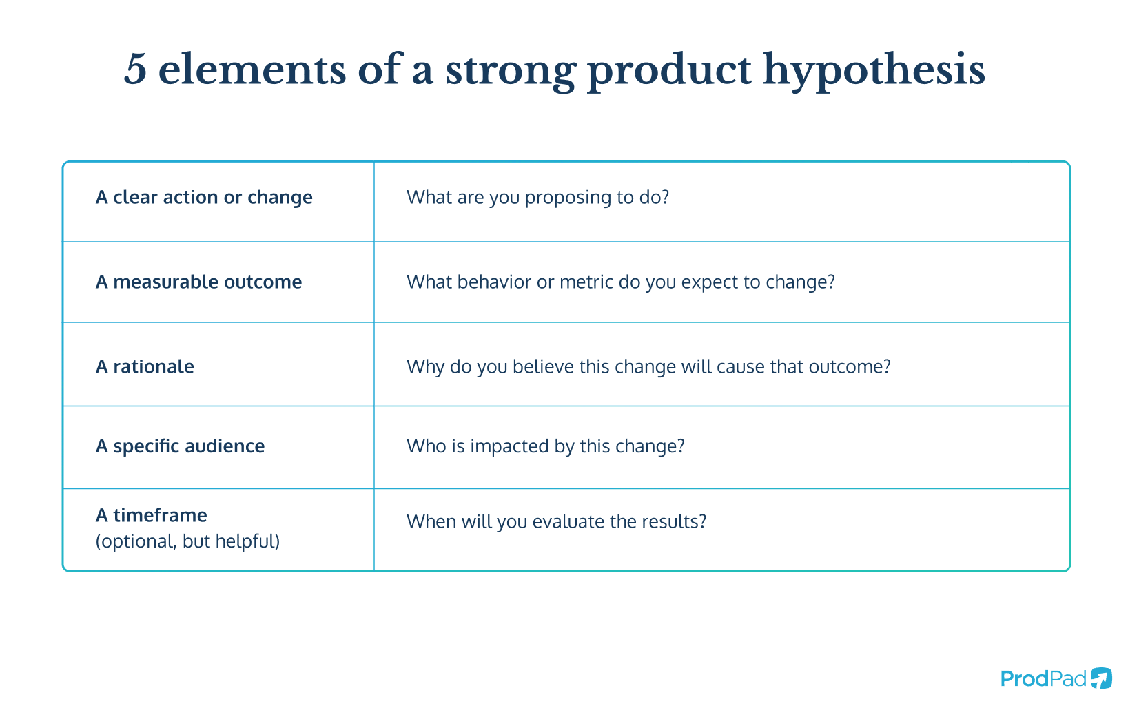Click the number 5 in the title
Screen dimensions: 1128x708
pos(136,69)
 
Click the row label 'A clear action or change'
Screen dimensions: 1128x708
pos(204,197)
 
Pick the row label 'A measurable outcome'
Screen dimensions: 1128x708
pos(199,282)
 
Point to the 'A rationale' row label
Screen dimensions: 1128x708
pos(145,366)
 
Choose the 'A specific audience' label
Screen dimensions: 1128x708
pos(180,446)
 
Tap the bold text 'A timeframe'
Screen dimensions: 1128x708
pos(151,515)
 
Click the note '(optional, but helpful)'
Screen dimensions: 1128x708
pos(187,541)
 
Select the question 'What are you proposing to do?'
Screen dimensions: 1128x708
pos(537,197)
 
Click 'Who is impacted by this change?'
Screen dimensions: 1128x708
pos(545,446)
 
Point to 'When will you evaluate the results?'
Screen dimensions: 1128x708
pos(557,522)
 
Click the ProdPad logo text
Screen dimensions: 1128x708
pos(1043,679)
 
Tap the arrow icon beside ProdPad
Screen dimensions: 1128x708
pos(1101,678)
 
